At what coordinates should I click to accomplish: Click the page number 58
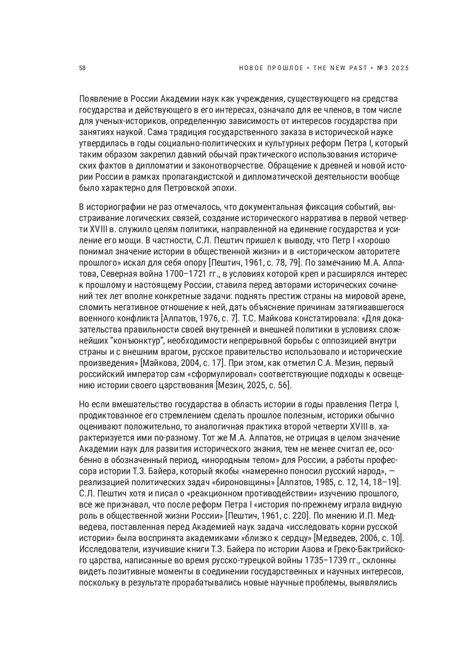click(x=82, y=68)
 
